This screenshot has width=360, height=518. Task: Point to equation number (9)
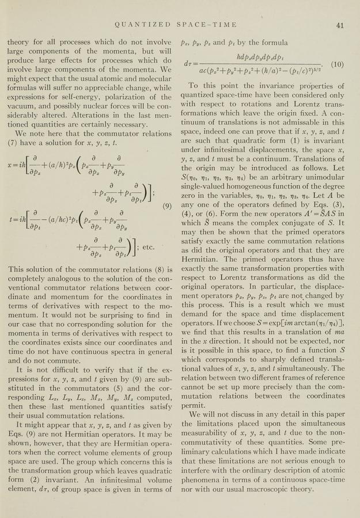[168, 206]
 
